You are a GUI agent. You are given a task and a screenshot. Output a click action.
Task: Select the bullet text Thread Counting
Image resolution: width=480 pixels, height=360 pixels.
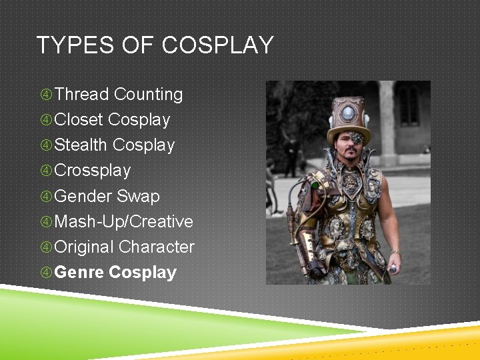click(118, 95)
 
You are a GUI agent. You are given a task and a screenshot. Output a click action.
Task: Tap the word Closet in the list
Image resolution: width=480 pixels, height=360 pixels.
click(79, 120)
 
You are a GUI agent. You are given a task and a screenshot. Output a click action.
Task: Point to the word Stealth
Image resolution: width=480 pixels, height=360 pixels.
click(81, 145)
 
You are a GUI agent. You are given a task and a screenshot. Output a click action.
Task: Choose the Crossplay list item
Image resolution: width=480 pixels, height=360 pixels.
click(92, 171)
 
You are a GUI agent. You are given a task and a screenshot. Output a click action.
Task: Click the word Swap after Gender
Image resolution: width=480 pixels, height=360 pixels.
click(138, 196)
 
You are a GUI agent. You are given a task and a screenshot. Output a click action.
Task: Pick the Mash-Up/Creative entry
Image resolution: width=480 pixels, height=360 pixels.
click(123, 221)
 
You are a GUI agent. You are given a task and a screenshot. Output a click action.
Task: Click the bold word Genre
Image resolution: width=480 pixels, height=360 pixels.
click(79, 273)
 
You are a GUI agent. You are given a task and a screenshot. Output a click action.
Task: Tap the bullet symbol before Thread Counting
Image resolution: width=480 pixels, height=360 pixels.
click(46, 95)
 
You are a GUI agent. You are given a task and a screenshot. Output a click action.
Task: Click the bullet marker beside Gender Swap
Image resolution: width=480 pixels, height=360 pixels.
click(46, 197)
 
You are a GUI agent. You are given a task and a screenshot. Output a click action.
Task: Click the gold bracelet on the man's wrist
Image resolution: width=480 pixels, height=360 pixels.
click(396, 253)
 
